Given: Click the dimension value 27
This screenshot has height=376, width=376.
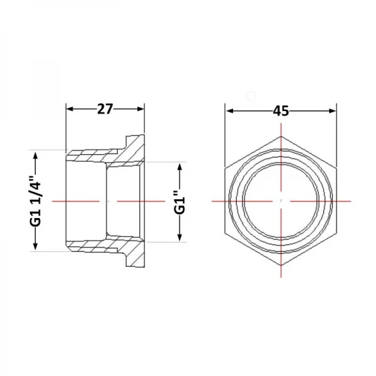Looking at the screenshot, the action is (x=105, y=109).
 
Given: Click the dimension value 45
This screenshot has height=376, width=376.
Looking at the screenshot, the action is (x=281, y=111).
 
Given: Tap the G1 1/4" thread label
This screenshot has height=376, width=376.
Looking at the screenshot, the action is (x=36, y=201).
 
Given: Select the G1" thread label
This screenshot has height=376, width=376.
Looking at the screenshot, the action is (x=180, y=202).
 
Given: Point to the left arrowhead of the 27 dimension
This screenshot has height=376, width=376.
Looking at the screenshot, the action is (x=70, y=109).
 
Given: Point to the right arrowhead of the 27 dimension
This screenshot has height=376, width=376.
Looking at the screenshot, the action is (x=141, y=109).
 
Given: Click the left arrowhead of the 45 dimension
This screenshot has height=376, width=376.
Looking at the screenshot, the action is (x=230, y=111).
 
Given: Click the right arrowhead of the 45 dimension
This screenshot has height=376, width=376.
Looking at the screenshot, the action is (x=333, y=111).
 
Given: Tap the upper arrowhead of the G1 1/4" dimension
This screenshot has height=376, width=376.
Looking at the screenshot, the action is (x=36, y=155).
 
